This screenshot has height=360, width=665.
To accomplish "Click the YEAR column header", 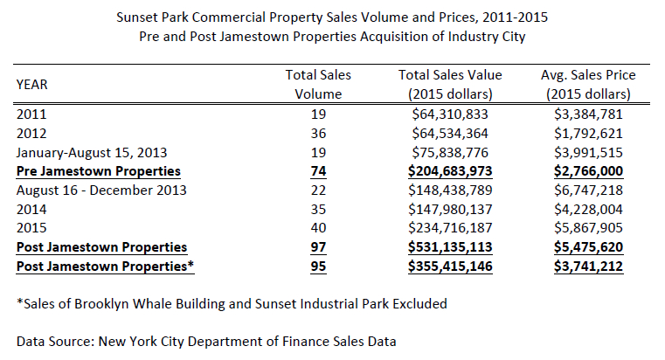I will click(31, 84).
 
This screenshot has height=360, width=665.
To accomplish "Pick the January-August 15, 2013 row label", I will click(90, 151).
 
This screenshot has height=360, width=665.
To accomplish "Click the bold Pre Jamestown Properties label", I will click(98, 170).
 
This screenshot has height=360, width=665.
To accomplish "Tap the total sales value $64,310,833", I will click(451, 113).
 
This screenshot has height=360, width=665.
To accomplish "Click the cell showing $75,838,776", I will click(451, 151).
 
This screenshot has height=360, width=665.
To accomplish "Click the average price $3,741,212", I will click(588, 267).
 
